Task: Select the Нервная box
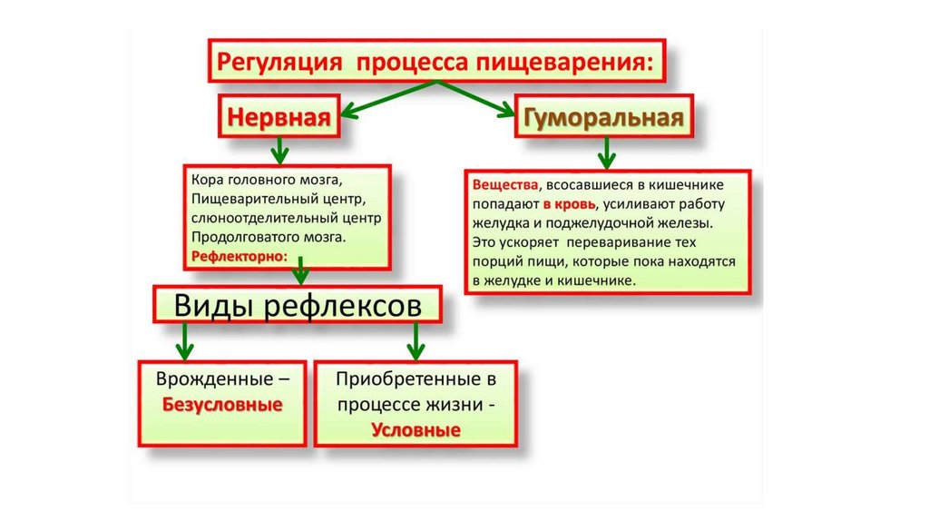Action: [277, 119]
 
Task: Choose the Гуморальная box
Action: [600, 119]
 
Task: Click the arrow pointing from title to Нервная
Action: [381, 102]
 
